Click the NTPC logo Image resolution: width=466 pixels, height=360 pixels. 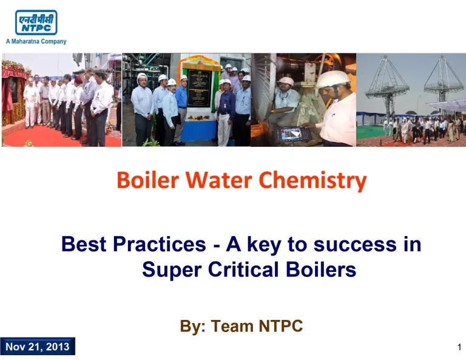[x=36, y=22]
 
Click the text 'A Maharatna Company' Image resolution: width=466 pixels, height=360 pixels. [x=36, y=42]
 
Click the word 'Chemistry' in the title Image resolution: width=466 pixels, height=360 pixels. [x=312, y=180]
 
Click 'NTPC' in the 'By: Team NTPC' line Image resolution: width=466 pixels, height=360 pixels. [x=280, y=326]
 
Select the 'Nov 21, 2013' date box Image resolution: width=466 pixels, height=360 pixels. [x=38, y=347]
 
